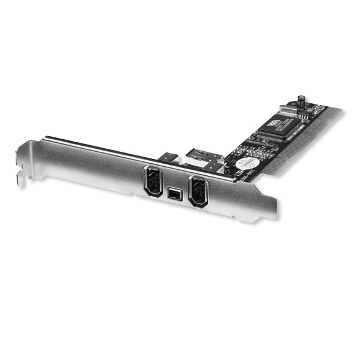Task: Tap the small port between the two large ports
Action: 175,194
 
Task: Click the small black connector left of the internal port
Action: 169,158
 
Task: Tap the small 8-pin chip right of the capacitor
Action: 313,107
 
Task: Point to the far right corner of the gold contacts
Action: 342,112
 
